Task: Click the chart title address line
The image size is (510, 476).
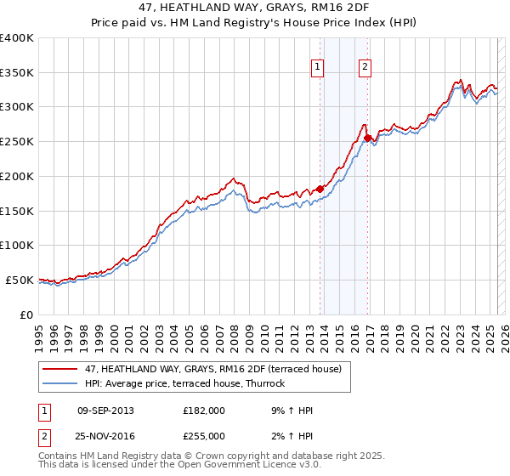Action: pos(254,8)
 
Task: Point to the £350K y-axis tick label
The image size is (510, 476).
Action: pos(17,73)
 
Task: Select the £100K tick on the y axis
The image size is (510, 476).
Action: pos(17,245)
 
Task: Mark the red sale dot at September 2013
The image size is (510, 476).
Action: pos(320,189)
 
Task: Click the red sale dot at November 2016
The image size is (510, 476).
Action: pos(367,138)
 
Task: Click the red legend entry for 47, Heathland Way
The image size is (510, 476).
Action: pos(212,369)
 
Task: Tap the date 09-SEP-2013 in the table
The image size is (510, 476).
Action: pos(105,411)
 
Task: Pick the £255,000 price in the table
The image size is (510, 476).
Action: pos(204,435)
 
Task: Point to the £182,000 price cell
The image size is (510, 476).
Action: pos(204,411)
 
